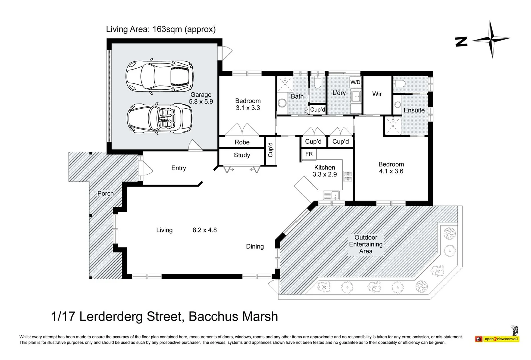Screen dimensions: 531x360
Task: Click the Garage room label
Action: coord(201,95)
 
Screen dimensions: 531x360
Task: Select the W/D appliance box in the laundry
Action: coord(355,82)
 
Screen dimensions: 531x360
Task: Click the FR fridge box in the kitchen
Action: coord(309,154)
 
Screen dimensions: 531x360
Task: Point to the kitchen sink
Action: coord(331,195)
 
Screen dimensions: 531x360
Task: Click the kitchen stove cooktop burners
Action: coord(348,176)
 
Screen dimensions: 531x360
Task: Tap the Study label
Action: coord(242,155)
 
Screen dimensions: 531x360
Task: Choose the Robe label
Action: coord(242,142)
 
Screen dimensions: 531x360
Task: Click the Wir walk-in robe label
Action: coord(377,94)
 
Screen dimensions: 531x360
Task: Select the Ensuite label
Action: coord(414,110)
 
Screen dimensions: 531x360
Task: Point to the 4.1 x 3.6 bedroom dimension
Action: coord(391,171)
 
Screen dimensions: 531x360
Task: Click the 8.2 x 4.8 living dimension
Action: coord(205,230)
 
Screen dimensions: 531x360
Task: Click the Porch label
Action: coord(105,193)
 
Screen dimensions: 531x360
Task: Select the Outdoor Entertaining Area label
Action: coord(366,244)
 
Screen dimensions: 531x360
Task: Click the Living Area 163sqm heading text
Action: coord(161,29)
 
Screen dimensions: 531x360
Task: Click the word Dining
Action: coord(255,246)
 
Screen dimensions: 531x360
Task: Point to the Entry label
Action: coord(179,168)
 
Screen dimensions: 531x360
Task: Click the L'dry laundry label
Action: coord(339,93)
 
